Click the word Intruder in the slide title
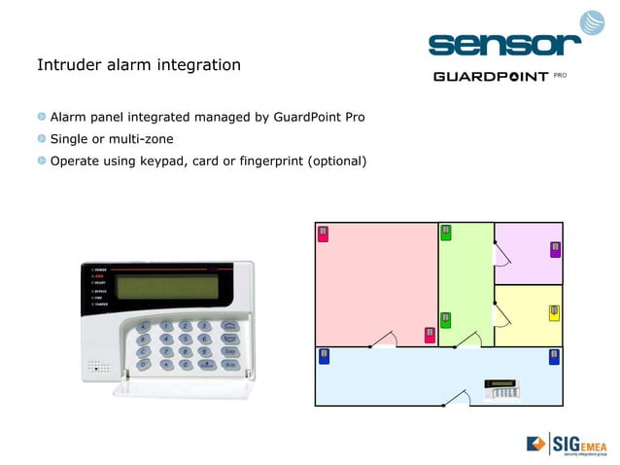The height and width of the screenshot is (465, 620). pyautogui.click(x=67, y=66)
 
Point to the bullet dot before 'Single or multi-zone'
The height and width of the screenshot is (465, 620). pyautogui.click(x=42, y=139)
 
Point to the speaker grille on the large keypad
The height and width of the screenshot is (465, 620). pyautogui.click(x=96, y=368)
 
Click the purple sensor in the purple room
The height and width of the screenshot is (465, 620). pyautogui.click(x=555, y=249)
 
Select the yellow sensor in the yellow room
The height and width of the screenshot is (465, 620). pyautogui.click(x=554, y=312)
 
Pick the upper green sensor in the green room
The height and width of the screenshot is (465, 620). pyautogui.click(x=446, y=232)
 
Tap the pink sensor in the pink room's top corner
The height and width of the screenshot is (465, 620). pyautogui.click(x=325, y=233)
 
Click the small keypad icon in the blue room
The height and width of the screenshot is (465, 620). pyautogui.click(x=501, y=389)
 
